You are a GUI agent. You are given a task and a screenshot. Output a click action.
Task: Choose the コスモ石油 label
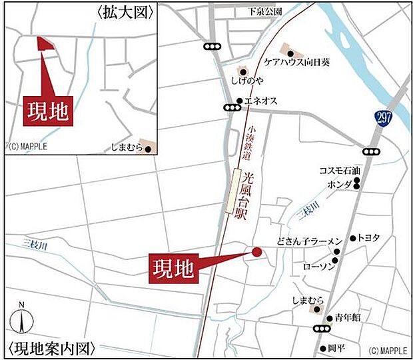click(x=336, y=171)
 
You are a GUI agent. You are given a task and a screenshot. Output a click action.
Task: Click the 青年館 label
click(x=348, y=318)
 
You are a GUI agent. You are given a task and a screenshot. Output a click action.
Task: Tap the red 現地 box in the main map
click(x=173, y=268)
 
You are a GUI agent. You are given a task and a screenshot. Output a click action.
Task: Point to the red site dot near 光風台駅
click(x=256, y=251)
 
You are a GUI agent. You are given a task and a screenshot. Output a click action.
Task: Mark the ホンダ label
click(x=339, y=183)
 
